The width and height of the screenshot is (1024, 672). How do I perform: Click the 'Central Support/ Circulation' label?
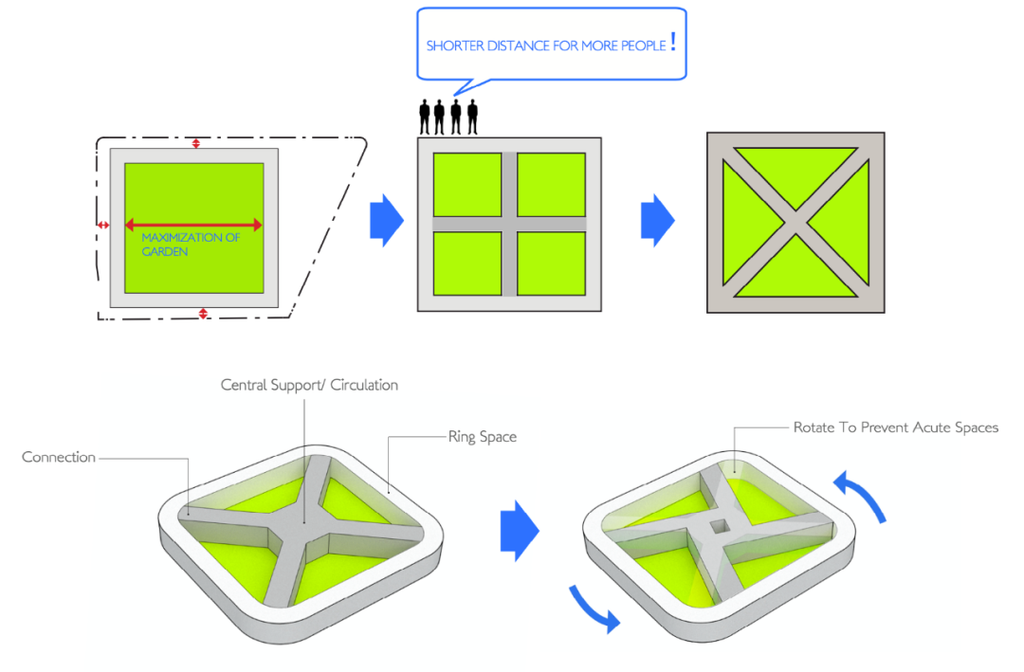(x=309, y=386)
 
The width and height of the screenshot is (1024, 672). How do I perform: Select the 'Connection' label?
(x=59, y=457)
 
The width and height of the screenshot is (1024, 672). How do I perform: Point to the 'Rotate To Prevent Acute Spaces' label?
(x=895, y=427)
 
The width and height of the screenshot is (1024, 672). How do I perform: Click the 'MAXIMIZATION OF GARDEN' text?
(x=191, y=245)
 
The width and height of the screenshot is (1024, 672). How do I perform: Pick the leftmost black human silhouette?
(x=425, y=117)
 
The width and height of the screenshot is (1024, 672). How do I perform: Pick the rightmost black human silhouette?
(x=470, y=117)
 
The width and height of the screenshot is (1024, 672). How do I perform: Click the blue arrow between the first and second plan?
(x=386, y=221)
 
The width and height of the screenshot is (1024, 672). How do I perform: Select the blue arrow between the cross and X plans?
(x=657, y=221)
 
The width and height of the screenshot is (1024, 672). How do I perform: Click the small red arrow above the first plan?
(x=196, y=143)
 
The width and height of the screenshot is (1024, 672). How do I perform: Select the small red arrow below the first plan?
(x=202, y=313)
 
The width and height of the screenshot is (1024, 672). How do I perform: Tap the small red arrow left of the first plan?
(x=103, y=226)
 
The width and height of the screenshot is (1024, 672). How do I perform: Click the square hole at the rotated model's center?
(x=719, y=525)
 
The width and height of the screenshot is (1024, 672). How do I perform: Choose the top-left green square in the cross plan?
(x=467, y=184)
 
